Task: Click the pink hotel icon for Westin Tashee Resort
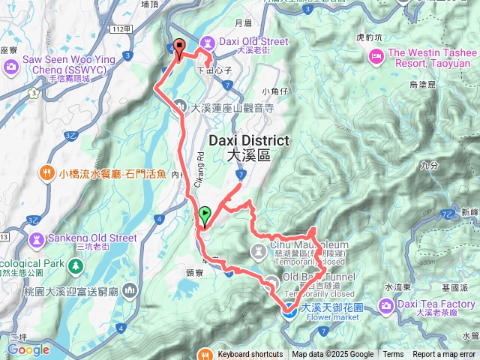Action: pos(376,55)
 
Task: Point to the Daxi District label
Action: pos(248,147)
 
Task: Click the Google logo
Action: pos(28,349)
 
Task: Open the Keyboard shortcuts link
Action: pos(250,355)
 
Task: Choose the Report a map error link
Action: pos(444,355)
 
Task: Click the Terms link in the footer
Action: pos(393,355)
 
